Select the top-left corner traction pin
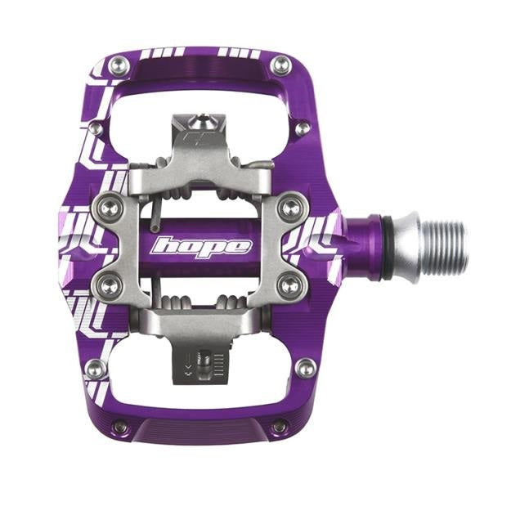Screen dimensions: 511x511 pos(119,64)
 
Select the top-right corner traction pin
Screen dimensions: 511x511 pos(281,64)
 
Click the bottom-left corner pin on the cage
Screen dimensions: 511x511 pos(120,426)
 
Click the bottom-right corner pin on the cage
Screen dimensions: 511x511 pos(280,426)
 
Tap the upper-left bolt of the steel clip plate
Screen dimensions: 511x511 pos(107,205)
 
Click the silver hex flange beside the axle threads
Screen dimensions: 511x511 pos(408,245)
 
